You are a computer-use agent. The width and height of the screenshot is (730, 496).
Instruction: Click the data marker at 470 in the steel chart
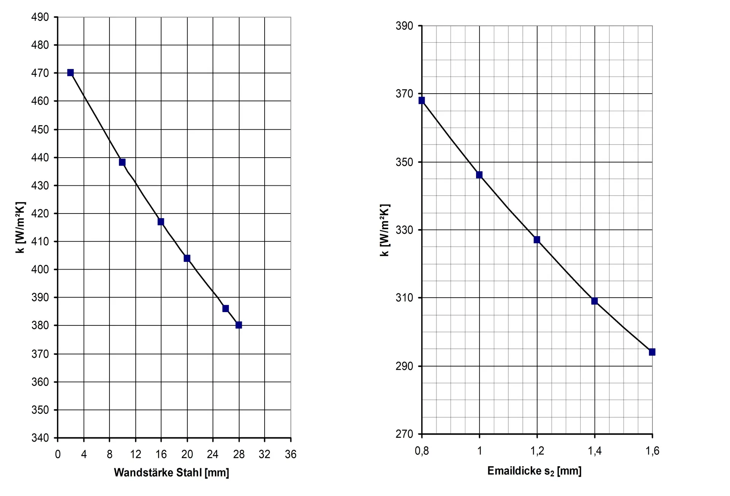tap(70, 73)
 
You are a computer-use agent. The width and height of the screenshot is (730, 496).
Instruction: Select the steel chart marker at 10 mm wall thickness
tap(122, 162)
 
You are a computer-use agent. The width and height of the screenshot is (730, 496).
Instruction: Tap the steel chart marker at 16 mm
tap(161, 222)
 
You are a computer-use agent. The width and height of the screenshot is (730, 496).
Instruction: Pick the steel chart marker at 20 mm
tap(187, 258)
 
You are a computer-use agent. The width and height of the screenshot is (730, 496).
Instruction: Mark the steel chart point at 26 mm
tap(225, 308)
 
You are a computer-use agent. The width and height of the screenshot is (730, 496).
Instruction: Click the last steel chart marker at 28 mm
tap(239, 325)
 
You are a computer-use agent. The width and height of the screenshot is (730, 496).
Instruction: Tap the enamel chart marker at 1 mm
tap(479, 175)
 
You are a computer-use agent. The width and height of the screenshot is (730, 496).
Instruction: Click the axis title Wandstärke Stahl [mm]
tap(171, 473)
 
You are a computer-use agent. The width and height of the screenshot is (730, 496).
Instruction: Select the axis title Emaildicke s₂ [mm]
tap(534, 471)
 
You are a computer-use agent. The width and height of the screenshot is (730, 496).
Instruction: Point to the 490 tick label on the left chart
tap(40, 17)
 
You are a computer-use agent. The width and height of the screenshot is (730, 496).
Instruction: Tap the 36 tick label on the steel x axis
tap(290, 454)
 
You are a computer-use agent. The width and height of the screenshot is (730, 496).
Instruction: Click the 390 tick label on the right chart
tap(404, 26)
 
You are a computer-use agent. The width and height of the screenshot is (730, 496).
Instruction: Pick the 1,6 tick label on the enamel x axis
tap(652, 451)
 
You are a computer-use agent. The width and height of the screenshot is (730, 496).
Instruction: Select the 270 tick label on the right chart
tap(404, 434)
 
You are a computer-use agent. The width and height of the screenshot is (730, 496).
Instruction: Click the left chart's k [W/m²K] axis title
tap(20, 227)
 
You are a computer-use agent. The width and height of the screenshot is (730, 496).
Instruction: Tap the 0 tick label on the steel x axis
tap(58, 454)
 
